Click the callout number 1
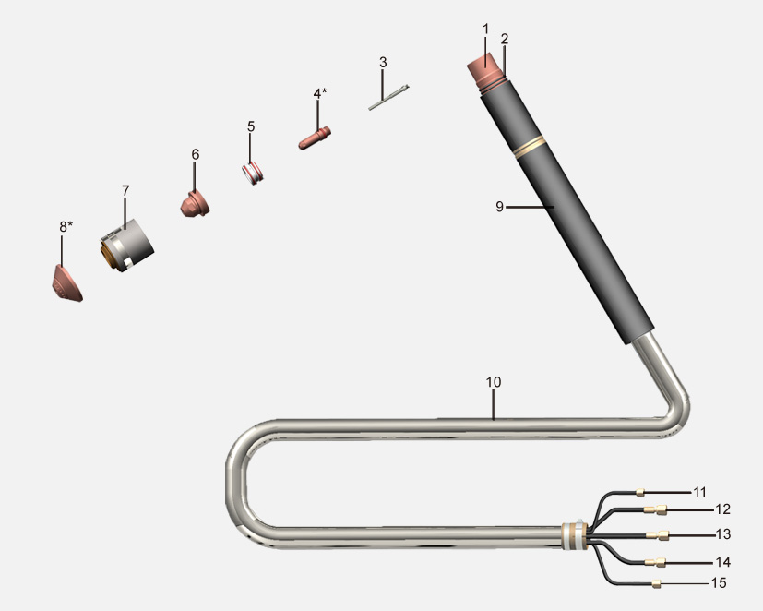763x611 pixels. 485,30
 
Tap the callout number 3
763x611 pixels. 383,63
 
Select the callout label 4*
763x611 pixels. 320,93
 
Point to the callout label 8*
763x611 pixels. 66,226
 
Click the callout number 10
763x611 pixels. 493,382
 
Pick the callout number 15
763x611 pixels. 719,582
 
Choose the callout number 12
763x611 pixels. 722,509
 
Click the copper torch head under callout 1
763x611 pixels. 485,70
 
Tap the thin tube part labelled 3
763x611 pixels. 388,97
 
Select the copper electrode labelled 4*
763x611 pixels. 315,138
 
